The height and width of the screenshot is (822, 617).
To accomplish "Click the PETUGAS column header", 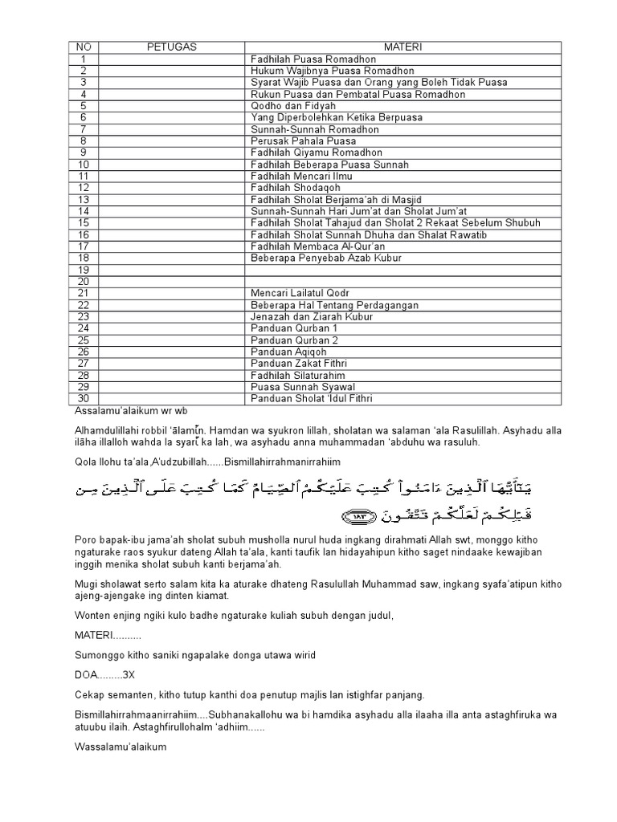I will click(x=167, y=47).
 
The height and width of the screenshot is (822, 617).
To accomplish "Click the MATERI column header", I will click(x=404, y=47).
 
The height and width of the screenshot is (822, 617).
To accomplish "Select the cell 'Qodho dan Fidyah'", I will click(x=293, y=106).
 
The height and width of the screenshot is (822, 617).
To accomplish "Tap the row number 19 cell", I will click(x=84, y=270).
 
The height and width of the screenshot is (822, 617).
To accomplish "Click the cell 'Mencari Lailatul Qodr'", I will click(x=300, y=293).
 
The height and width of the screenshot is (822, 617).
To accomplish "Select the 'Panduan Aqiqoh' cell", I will click(x=289, y=352).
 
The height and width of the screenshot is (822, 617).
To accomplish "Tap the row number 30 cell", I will click(x=84, y=399).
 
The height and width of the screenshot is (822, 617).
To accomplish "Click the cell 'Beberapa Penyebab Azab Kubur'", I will click(x=325, y=258).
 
